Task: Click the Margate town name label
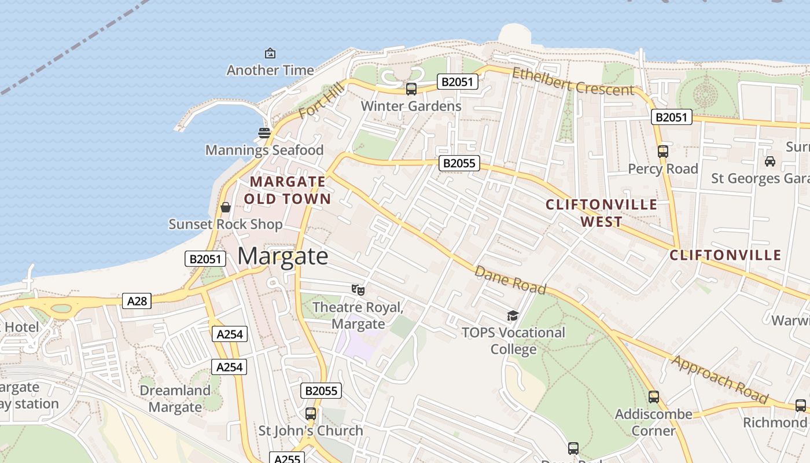coord(283,256)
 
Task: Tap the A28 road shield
coord(137,300)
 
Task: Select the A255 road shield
coord(287,459)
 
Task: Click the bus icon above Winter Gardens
coord(411,89)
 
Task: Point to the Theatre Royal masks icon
coord(358,289)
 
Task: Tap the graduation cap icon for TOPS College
coord(513,315)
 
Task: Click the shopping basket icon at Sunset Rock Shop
coord(226,207)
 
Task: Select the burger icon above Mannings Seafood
coord(264,133)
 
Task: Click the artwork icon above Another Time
coord(270,53)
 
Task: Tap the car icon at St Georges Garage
coord(770,161)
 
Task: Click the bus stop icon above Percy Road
coord(663,152)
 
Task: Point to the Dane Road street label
coord(510,280)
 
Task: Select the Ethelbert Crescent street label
coord(573,82)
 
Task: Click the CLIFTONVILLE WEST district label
coord(602,213)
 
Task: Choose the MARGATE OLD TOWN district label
coord(288,190)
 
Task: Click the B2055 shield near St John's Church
coord(321,391)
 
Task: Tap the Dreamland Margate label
coord(175,399)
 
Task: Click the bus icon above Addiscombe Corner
coord(654,397)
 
